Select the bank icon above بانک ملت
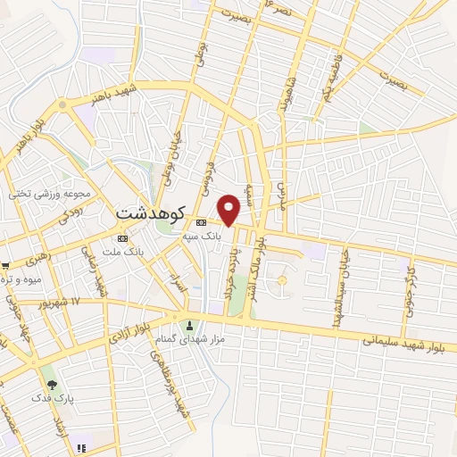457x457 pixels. click(x=122, y=238)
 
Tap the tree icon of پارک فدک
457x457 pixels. click(x=53, y=385)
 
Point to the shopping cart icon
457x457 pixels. click(x=4, y=265)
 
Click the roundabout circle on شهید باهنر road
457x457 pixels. click(x=62, y=104)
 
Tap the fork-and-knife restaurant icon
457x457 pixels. click(x=81, y=447)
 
